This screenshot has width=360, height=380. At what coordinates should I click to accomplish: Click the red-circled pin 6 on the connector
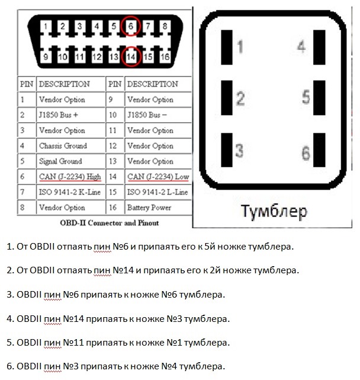click(131, 26)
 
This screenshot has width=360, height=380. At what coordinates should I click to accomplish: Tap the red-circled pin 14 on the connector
click(131, 56)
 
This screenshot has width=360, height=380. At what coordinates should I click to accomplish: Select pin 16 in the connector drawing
click(165, 57)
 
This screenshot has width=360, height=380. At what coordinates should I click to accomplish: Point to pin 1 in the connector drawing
click(46, 26)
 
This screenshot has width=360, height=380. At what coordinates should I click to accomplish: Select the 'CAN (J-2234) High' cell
click(70, 177)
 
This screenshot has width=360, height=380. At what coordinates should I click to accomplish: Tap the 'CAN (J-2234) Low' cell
click(158, 177)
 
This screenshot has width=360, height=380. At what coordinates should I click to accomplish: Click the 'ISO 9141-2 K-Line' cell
click(70, 192)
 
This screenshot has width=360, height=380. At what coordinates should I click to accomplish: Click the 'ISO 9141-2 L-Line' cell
click(158, 192)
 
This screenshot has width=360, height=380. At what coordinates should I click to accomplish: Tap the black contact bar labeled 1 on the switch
click(227, 47)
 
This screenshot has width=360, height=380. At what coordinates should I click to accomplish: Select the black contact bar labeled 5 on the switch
click(319, 98)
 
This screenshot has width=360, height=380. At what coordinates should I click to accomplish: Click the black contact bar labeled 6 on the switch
click(319, 150)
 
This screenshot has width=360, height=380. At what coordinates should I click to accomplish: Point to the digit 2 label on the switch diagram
click(240, 98)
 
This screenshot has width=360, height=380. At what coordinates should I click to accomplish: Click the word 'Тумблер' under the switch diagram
click(274, 212)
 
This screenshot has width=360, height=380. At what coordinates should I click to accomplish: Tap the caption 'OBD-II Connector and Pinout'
click(110, 223)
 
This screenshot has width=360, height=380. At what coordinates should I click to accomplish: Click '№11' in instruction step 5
click(73, 343)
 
